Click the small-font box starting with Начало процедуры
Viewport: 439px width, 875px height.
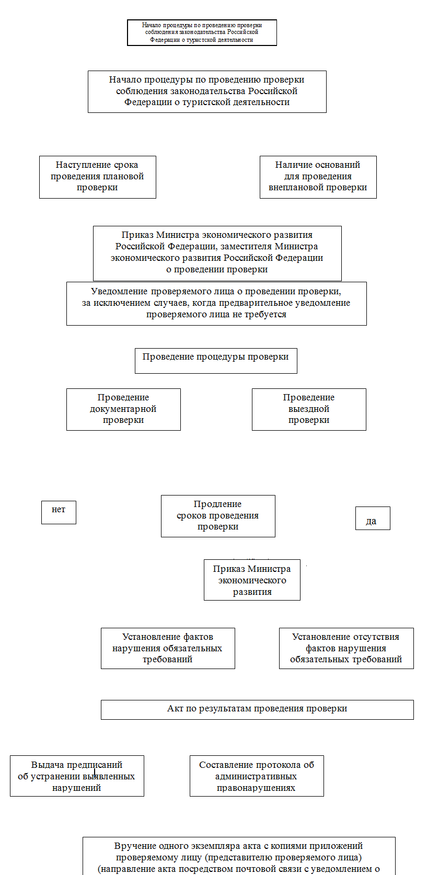[202, 32]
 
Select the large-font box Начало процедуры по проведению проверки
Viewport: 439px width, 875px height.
[207, 91]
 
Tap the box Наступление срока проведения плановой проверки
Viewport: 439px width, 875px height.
[97, 177]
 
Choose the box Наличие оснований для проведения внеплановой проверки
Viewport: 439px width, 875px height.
[318, 177]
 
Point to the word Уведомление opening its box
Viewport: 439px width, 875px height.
[120, 292]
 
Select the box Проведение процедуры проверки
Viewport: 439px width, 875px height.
[216, 361]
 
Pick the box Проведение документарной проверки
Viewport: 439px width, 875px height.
[123, 409]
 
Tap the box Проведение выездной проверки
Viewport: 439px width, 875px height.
[309, 409]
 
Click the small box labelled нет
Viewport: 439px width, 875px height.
[59, 512]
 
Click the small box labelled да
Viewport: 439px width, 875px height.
[373, 519]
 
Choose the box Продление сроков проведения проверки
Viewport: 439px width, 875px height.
[218, 516]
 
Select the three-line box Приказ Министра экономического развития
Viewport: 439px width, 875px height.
[252, 580]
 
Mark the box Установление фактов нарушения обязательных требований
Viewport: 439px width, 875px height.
[168, 648]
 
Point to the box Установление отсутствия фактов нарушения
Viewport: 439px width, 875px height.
[346, 648]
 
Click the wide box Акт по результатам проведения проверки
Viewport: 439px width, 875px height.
[257, 709]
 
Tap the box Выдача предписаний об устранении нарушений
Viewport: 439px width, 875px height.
[77, 776]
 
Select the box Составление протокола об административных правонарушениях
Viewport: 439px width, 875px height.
[257, 776]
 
